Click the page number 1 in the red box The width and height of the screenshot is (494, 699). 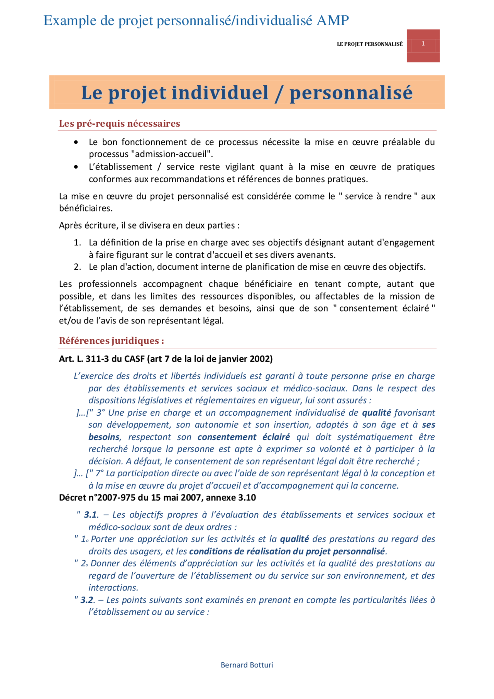(x=423, y=44)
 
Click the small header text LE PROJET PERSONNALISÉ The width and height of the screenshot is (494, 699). (x=369, y=44)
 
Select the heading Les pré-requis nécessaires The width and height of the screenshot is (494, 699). (x=120, y=124)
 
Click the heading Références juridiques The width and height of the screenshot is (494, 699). (x=111, y=341)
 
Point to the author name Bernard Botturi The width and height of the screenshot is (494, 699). (x=247, y=665)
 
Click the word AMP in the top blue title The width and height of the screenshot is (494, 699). (x=333, y=20)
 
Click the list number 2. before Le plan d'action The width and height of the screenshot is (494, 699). (x=78, y=267)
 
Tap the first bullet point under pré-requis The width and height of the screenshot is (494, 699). (x=76, y=142)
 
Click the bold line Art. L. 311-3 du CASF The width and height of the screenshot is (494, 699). (x=166, y=359)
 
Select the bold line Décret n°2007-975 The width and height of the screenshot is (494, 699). (x=157, y=498)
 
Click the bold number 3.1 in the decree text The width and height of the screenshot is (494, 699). (x=90, y=515)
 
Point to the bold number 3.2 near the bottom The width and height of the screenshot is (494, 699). (x=87, y=600)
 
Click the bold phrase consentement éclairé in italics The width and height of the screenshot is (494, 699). (x=244, y=437)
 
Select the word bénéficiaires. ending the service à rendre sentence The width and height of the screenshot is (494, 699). (x=86, y=208)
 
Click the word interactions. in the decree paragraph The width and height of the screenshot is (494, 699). (x=113, y=587)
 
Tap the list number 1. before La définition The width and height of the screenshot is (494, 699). (x=78, y=242)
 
